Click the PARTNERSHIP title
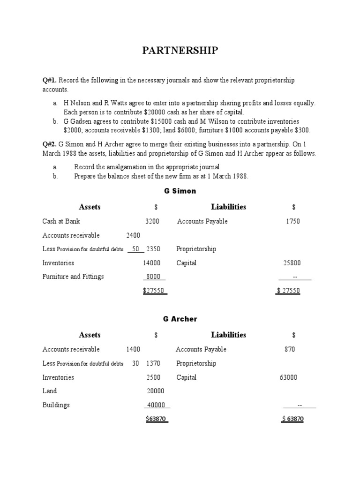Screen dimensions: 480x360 (x=180, y=51)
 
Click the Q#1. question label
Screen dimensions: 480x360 (x=50, y=81)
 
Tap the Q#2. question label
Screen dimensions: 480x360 (x=50, y=144)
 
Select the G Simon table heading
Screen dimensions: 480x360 (x=180, y=191)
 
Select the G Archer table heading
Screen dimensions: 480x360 (x=180, y=319)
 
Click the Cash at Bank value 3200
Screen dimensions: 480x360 (x=152, y=221)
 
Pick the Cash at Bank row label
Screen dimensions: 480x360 (x=61, y=221)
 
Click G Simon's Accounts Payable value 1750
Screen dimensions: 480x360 (x=293, y=221)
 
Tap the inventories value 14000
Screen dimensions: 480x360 (x=151, y=263)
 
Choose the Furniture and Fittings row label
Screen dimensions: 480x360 (x=73, y=277)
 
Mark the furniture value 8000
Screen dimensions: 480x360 (x=153, y=277)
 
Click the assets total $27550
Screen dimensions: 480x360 (x=154, y=291)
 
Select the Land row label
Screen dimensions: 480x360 (x=49, y=391)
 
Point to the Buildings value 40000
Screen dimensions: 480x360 (x=156, y=405)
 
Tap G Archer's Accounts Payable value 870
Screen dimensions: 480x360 (x=290, y=349)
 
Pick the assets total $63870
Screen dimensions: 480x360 (x=156, y=419)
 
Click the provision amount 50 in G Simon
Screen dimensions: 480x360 (x=136, y=249)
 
